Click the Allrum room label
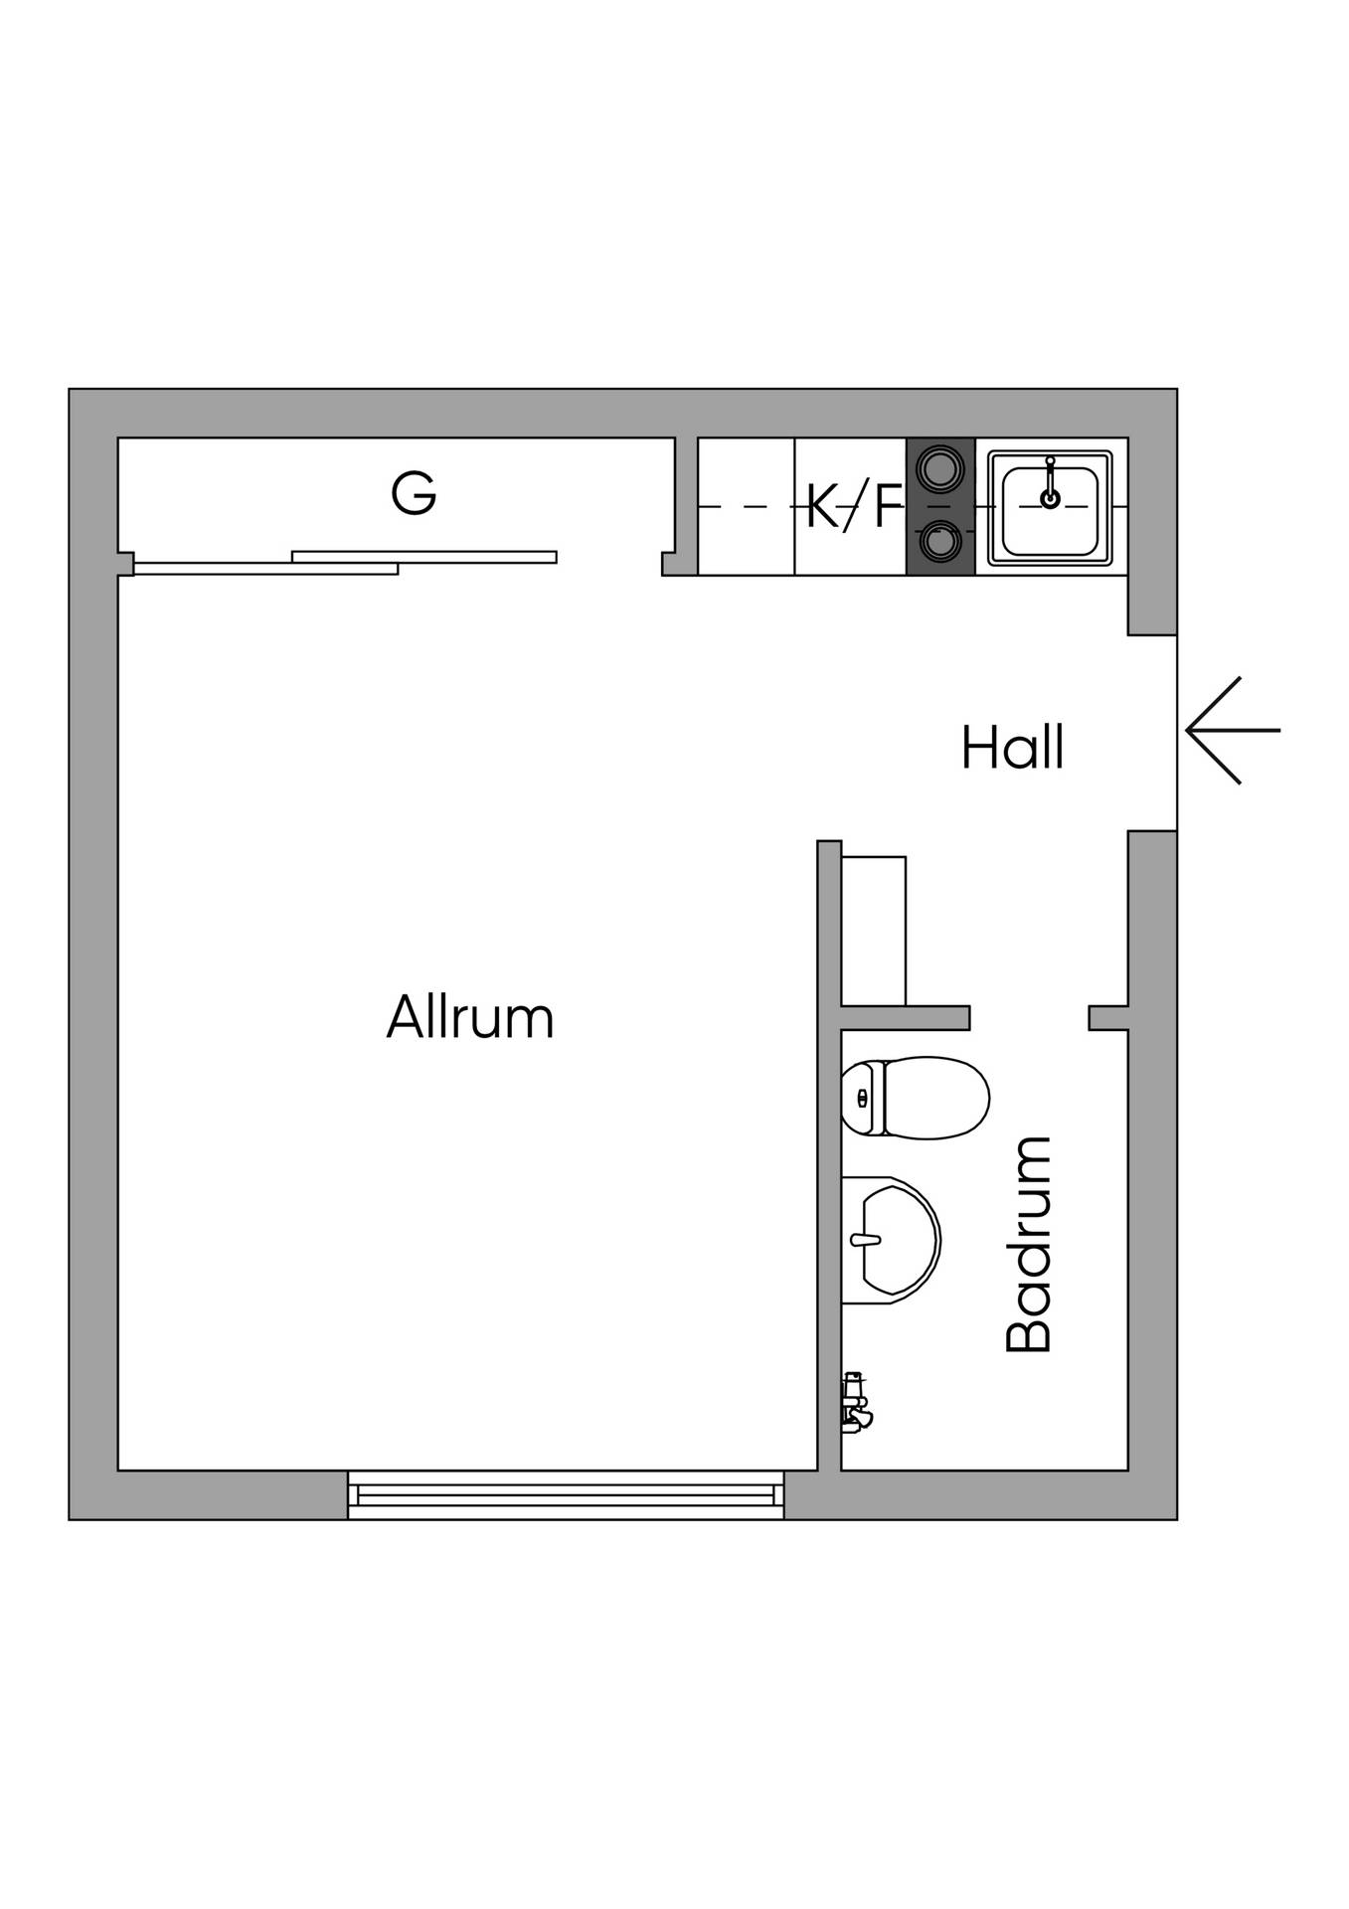(x=469, y=1016)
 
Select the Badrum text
(x=1028, y=1244)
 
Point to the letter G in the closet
(x=414, y=493)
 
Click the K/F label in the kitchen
(x=854, y=505)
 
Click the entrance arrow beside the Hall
(x=1233, y=731)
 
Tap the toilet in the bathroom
(x=915, y=1098)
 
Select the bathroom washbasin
(x=891, y=1240)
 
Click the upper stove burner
(x=939, y=467)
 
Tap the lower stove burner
(x=939, y=543)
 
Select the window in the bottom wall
(x=566, y=1495)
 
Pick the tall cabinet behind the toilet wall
(x=874, y=931)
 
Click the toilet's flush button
(x=862, y=1098)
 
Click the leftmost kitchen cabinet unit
(x=747, y=506)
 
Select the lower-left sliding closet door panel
(x=265, y=569)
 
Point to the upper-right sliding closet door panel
(x=424, y=557)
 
